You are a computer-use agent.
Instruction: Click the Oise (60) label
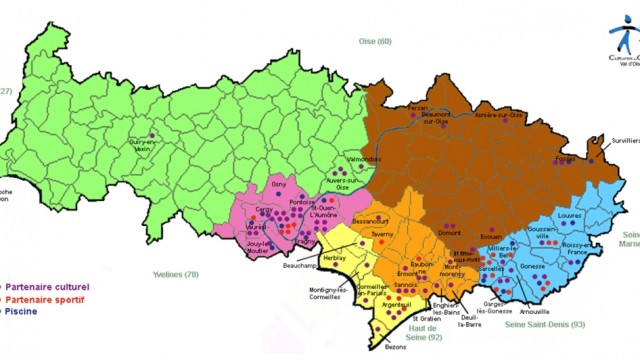tap(376, 41)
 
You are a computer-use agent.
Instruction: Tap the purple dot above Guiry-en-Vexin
tap(152, 135)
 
